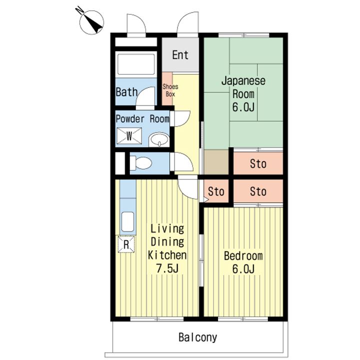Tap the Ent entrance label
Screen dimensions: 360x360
click(180, 54)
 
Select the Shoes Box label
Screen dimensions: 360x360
click(170, 90)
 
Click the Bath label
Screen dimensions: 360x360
click(126, 92)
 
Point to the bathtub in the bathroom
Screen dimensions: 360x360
click(136, 64)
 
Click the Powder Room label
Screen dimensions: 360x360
click(142, 119)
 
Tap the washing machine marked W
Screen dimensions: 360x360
click(129, 136)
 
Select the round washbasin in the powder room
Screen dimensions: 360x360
click(158, 139)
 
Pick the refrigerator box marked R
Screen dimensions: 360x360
click(126, 244)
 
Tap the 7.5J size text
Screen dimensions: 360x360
click(167, 268)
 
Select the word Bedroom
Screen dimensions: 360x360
click(243, 256)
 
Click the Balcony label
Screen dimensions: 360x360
click(198, 337)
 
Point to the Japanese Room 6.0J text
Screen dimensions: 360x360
click(243, 93)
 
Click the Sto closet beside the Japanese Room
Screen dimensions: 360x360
click(258, 163)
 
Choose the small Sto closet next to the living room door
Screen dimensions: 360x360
click(216, 191)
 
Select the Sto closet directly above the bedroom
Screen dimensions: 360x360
click(258, 191)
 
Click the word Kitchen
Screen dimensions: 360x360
click(167, 255)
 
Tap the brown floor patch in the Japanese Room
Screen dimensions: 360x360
click(216, 161)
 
